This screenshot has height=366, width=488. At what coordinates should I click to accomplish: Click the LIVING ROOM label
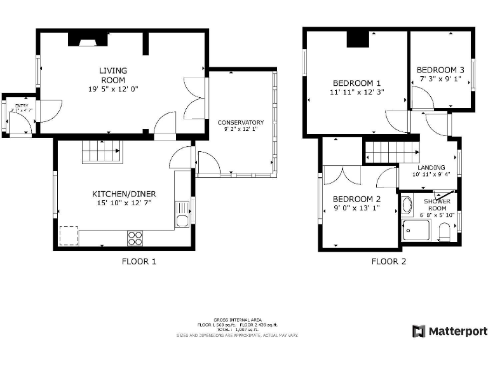113,75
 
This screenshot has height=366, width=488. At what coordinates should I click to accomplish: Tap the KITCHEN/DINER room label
124,194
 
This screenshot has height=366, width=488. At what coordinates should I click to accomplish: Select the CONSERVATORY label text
240,122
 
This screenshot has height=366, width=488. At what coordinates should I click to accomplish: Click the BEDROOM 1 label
356,83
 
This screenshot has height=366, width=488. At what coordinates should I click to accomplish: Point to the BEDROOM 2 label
356,199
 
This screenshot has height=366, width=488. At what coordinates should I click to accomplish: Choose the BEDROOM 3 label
440,70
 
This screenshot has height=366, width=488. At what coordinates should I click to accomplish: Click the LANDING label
431,168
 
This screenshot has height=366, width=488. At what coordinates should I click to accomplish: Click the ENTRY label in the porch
22,106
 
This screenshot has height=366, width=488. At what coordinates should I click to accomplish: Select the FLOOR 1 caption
139,261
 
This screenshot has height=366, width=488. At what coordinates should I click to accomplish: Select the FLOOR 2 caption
389,261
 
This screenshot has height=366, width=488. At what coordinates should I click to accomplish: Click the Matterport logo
450,331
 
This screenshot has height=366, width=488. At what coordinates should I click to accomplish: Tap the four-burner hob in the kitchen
135,238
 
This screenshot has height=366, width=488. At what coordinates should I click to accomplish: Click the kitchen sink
182,213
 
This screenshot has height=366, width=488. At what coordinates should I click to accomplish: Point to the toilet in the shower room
445,235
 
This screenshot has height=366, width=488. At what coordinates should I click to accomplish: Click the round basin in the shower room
407,205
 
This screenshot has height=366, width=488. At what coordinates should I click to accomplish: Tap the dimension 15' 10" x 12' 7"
124,203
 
